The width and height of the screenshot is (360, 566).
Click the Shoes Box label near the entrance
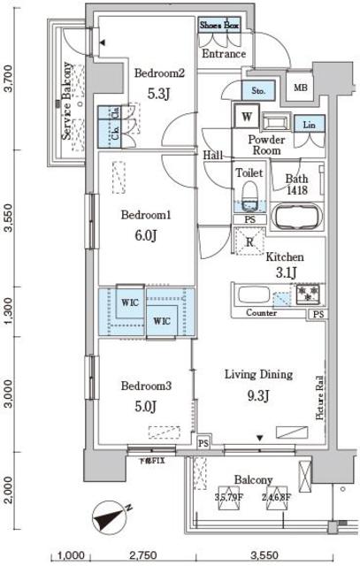pyautogui.click(x=219, y=27)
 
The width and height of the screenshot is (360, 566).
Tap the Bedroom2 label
pyautogui.click(x=158, y=73)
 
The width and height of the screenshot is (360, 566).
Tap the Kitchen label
pyautogui.click(x=284, y=256)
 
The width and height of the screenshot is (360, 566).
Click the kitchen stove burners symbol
pyautogui.click(x=309, y=293)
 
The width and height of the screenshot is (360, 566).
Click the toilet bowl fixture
pyautogui.click(x=249, y=194)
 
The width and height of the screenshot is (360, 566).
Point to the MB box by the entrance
pyautogui.click(x=301, y=88)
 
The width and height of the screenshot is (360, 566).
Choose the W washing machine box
pyautogui.click(x=244, y=116)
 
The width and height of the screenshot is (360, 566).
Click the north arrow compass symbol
pyautogui.click(x=116, y=516)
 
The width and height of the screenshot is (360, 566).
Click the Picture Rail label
pyautogui.click(x=319, y=398)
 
